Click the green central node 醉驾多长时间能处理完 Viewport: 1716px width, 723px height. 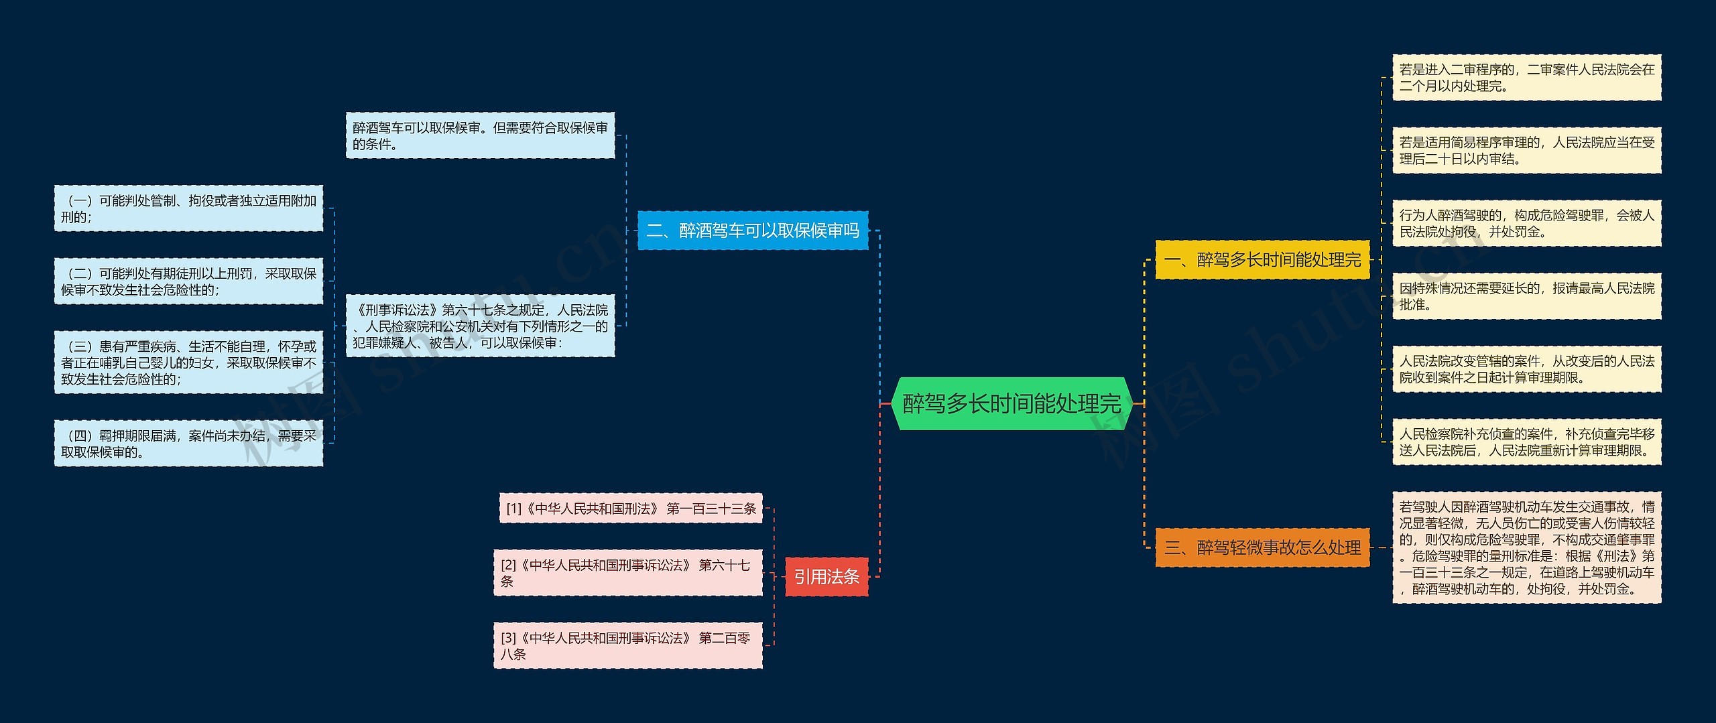1012,403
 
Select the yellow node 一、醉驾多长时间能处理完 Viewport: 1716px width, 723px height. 1262,259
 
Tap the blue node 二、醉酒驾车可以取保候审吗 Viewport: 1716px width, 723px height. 752,231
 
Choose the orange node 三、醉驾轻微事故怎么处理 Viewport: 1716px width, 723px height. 1262,547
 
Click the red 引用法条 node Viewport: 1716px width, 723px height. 826,576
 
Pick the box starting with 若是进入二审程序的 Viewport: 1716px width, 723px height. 1526,78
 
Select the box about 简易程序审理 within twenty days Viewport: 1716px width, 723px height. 1526,150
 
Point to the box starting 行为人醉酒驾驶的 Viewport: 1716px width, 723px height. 1526,223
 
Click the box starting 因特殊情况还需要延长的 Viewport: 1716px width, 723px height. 1526,296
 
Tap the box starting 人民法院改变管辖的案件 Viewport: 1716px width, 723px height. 1526,369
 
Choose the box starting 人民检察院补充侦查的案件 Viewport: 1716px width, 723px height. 1526,442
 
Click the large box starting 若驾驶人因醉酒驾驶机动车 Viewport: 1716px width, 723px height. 1526,547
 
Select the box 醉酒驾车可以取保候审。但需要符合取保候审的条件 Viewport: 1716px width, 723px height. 480,135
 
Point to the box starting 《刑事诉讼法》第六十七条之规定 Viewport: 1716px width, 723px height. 480,326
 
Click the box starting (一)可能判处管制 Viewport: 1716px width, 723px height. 188,208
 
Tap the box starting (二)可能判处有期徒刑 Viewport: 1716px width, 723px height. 188,281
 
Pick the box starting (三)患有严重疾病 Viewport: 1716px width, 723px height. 188,363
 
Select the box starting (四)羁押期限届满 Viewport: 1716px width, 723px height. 188,444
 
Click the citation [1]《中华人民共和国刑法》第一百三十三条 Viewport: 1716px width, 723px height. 630,509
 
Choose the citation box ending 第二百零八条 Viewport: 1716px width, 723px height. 627,646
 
